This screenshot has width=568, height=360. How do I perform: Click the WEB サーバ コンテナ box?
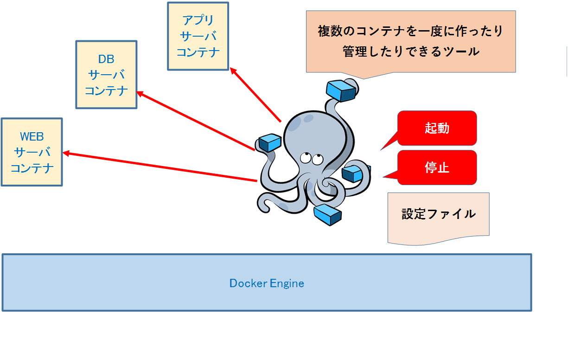(32, 152)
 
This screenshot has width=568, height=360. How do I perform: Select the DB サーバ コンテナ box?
(106, 75)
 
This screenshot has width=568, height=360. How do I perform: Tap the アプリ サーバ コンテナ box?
(198, 36)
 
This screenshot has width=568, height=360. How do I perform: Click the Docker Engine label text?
(267, 283)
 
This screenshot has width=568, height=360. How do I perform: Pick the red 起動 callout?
(437, 128)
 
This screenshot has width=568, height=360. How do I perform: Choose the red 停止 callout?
(437, 167)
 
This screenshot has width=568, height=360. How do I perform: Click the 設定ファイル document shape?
(438, 216)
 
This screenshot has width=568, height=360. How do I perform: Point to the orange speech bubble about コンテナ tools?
(411, 42)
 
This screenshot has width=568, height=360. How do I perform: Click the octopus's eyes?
(311, 158)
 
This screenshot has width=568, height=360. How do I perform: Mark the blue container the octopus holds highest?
(341, 90)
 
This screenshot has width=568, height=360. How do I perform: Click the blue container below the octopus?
(327, 214)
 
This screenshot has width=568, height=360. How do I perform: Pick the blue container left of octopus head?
(269, 142)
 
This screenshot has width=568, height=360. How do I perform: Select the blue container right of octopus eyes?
(353, 174)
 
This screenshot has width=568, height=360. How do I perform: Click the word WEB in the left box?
(32, 137)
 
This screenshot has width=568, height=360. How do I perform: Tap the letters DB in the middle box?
(106, 59)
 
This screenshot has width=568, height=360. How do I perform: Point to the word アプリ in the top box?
(198, 20)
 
